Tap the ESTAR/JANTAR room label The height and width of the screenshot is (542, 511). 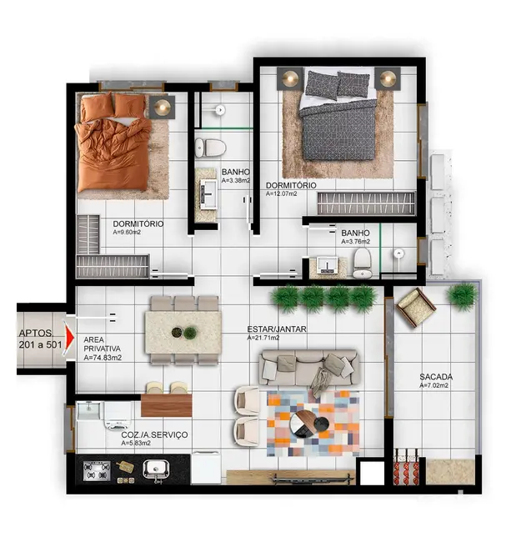[277, 329]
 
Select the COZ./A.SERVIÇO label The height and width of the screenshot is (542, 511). [155, 434]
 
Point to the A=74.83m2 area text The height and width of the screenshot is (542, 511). [103, 358]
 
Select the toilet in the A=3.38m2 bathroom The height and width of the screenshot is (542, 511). [211, 148]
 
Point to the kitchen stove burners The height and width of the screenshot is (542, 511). [97, 471]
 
